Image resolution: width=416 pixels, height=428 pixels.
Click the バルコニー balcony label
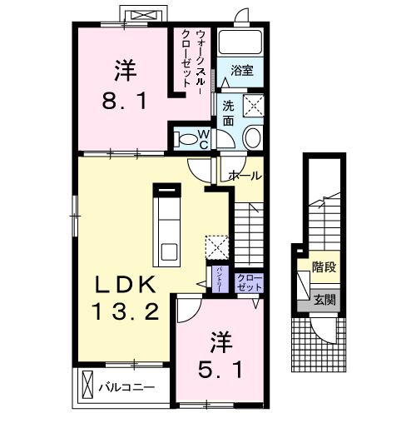point(127,387)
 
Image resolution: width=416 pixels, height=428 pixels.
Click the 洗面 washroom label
point(227,113)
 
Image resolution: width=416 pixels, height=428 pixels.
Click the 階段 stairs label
point(324,267)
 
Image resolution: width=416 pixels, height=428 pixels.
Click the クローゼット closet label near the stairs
point(249,281)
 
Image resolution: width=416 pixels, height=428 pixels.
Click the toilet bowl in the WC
point(187,137)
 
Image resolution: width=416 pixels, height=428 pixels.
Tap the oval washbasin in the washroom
point(253,137)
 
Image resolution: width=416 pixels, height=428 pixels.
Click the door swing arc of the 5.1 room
point(187,311)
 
